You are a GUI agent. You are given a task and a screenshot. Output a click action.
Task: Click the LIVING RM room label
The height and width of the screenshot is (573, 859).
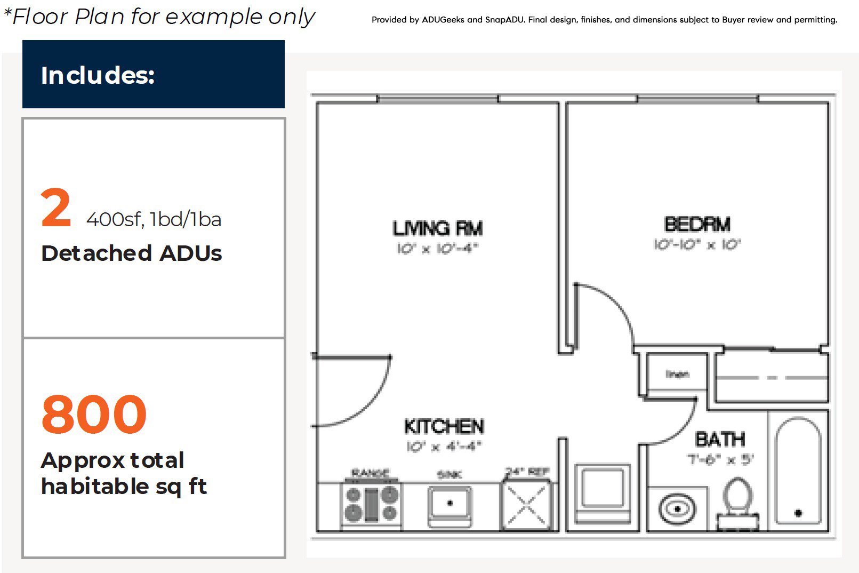click(x=437, y=228)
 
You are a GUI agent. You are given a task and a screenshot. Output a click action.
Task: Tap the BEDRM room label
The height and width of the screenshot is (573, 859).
click(x=697, y=225)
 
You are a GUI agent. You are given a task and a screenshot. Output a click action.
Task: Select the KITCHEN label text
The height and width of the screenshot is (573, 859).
click(x=444, y=426)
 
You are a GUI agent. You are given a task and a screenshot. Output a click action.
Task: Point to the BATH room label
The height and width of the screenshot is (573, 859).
click(x=720, y=440)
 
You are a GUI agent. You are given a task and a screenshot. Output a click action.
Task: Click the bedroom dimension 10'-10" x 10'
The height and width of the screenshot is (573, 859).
click(x=697, y=245)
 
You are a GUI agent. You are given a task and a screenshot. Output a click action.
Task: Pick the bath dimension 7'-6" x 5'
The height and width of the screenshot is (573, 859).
click(x=720, y=459)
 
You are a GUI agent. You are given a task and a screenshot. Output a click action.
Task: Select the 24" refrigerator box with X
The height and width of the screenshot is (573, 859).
click(x=526, y=505)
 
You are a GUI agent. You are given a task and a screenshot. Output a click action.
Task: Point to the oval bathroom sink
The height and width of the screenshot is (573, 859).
click(x=677, y=509)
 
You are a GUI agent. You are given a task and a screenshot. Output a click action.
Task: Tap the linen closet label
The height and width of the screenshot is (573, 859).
click(x=677, y=374)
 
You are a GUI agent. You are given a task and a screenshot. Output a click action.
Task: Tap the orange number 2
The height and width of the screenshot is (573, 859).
click(x=55, y=208)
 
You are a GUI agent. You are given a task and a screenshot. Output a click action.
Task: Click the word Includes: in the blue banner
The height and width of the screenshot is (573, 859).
click(x=98, y=75)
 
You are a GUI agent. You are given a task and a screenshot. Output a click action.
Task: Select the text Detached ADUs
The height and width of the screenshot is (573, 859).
click(x=131, y=253)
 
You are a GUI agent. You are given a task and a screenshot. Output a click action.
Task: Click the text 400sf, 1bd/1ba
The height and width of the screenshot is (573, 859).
click(x=154, y=219)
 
